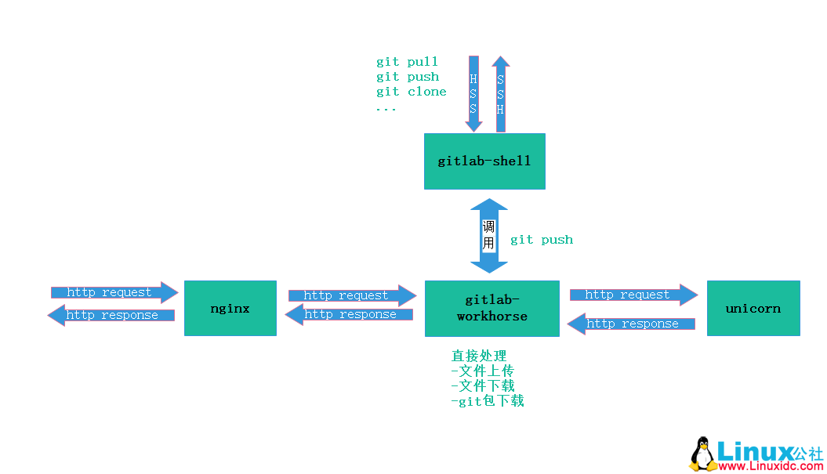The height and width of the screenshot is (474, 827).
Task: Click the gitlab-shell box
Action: (x=484, y=161)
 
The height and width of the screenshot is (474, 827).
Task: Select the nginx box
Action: (x=230, y=309)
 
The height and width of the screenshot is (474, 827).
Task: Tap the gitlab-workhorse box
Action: (x=492, y=309)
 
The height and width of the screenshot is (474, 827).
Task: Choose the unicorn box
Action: (x=753, y=309)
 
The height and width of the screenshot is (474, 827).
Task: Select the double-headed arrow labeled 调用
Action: (x=489, y=235)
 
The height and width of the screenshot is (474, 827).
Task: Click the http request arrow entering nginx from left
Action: (x=114, y=292)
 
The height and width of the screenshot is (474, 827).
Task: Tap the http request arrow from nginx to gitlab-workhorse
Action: (x=351, y=295)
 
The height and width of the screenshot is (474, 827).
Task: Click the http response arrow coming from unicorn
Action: (x=631, y=324)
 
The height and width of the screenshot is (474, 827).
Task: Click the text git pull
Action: (x=407, y=62)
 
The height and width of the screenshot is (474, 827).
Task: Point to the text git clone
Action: (x=411, y=92)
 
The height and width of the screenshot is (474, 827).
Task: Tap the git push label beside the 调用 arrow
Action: (x=542, y=240)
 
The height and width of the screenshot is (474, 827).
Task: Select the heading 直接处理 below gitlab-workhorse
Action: (x=479, y=356)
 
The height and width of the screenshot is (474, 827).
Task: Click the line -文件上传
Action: (x=483, y=371)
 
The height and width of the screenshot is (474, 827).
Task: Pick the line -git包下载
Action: (x=488, y=401)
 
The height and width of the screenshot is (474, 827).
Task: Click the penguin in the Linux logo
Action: (x=702, y=454)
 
